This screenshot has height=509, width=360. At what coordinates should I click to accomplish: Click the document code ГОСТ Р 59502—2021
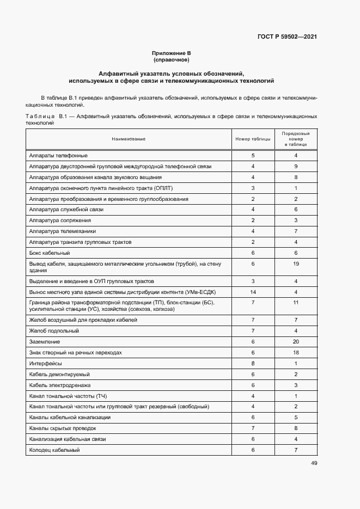click(287, 37)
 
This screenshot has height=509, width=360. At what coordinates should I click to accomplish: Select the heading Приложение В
click(171, 53)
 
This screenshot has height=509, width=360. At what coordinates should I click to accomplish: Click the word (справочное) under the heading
click(171, 59)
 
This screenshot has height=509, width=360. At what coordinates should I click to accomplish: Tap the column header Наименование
click(129, 139)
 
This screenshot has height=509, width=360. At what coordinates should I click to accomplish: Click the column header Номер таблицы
click(253, 139)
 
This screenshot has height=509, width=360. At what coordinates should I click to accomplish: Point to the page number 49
click(314, 463)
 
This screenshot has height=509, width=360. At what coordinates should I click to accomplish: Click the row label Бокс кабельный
click(50, 253)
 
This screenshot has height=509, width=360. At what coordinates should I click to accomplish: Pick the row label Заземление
click(45, 342)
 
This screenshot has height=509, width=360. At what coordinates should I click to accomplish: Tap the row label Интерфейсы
click(46, 363)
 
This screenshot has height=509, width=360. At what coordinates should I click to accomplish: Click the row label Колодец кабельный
click(54, 450)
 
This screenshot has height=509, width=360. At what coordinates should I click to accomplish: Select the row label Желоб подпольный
click(54, 331)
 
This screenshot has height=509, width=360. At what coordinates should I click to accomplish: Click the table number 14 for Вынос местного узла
click(253, 292)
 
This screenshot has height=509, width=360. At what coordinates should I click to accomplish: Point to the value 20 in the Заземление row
click(296, 342)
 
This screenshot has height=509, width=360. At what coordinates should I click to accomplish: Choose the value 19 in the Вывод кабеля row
click(296, 263)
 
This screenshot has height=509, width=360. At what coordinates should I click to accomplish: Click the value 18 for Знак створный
click(296, 353)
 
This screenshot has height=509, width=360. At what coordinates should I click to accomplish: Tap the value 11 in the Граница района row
click(296, 302)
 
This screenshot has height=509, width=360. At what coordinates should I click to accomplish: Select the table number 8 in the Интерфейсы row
click(253, 363)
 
